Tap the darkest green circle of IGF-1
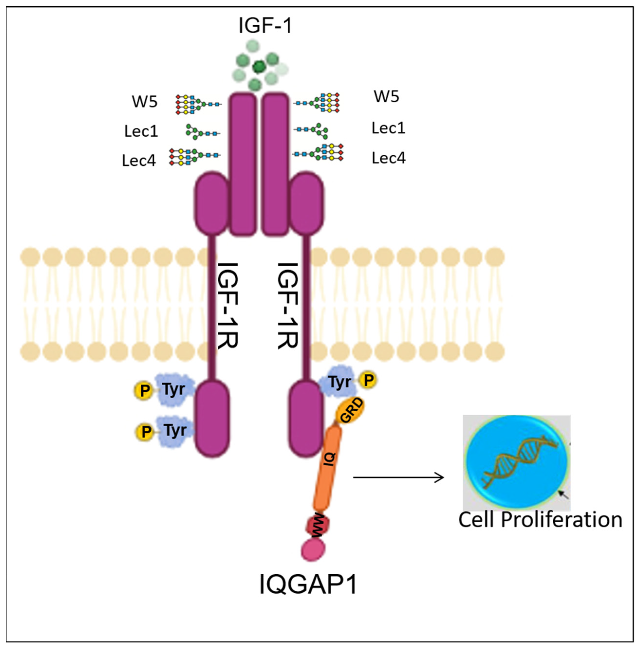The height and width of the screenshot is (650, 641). [x=259, y=67]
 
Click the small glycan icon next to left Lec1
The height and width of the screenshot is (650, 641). [x=202, y=132]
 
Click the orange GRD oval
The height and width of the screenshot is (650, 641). [x=351, y=411]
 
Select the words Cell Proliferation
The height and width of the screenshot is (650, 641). [x=540, y=519]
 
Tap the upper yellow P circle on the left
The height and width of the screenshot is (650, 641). [x=144, y=390]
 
